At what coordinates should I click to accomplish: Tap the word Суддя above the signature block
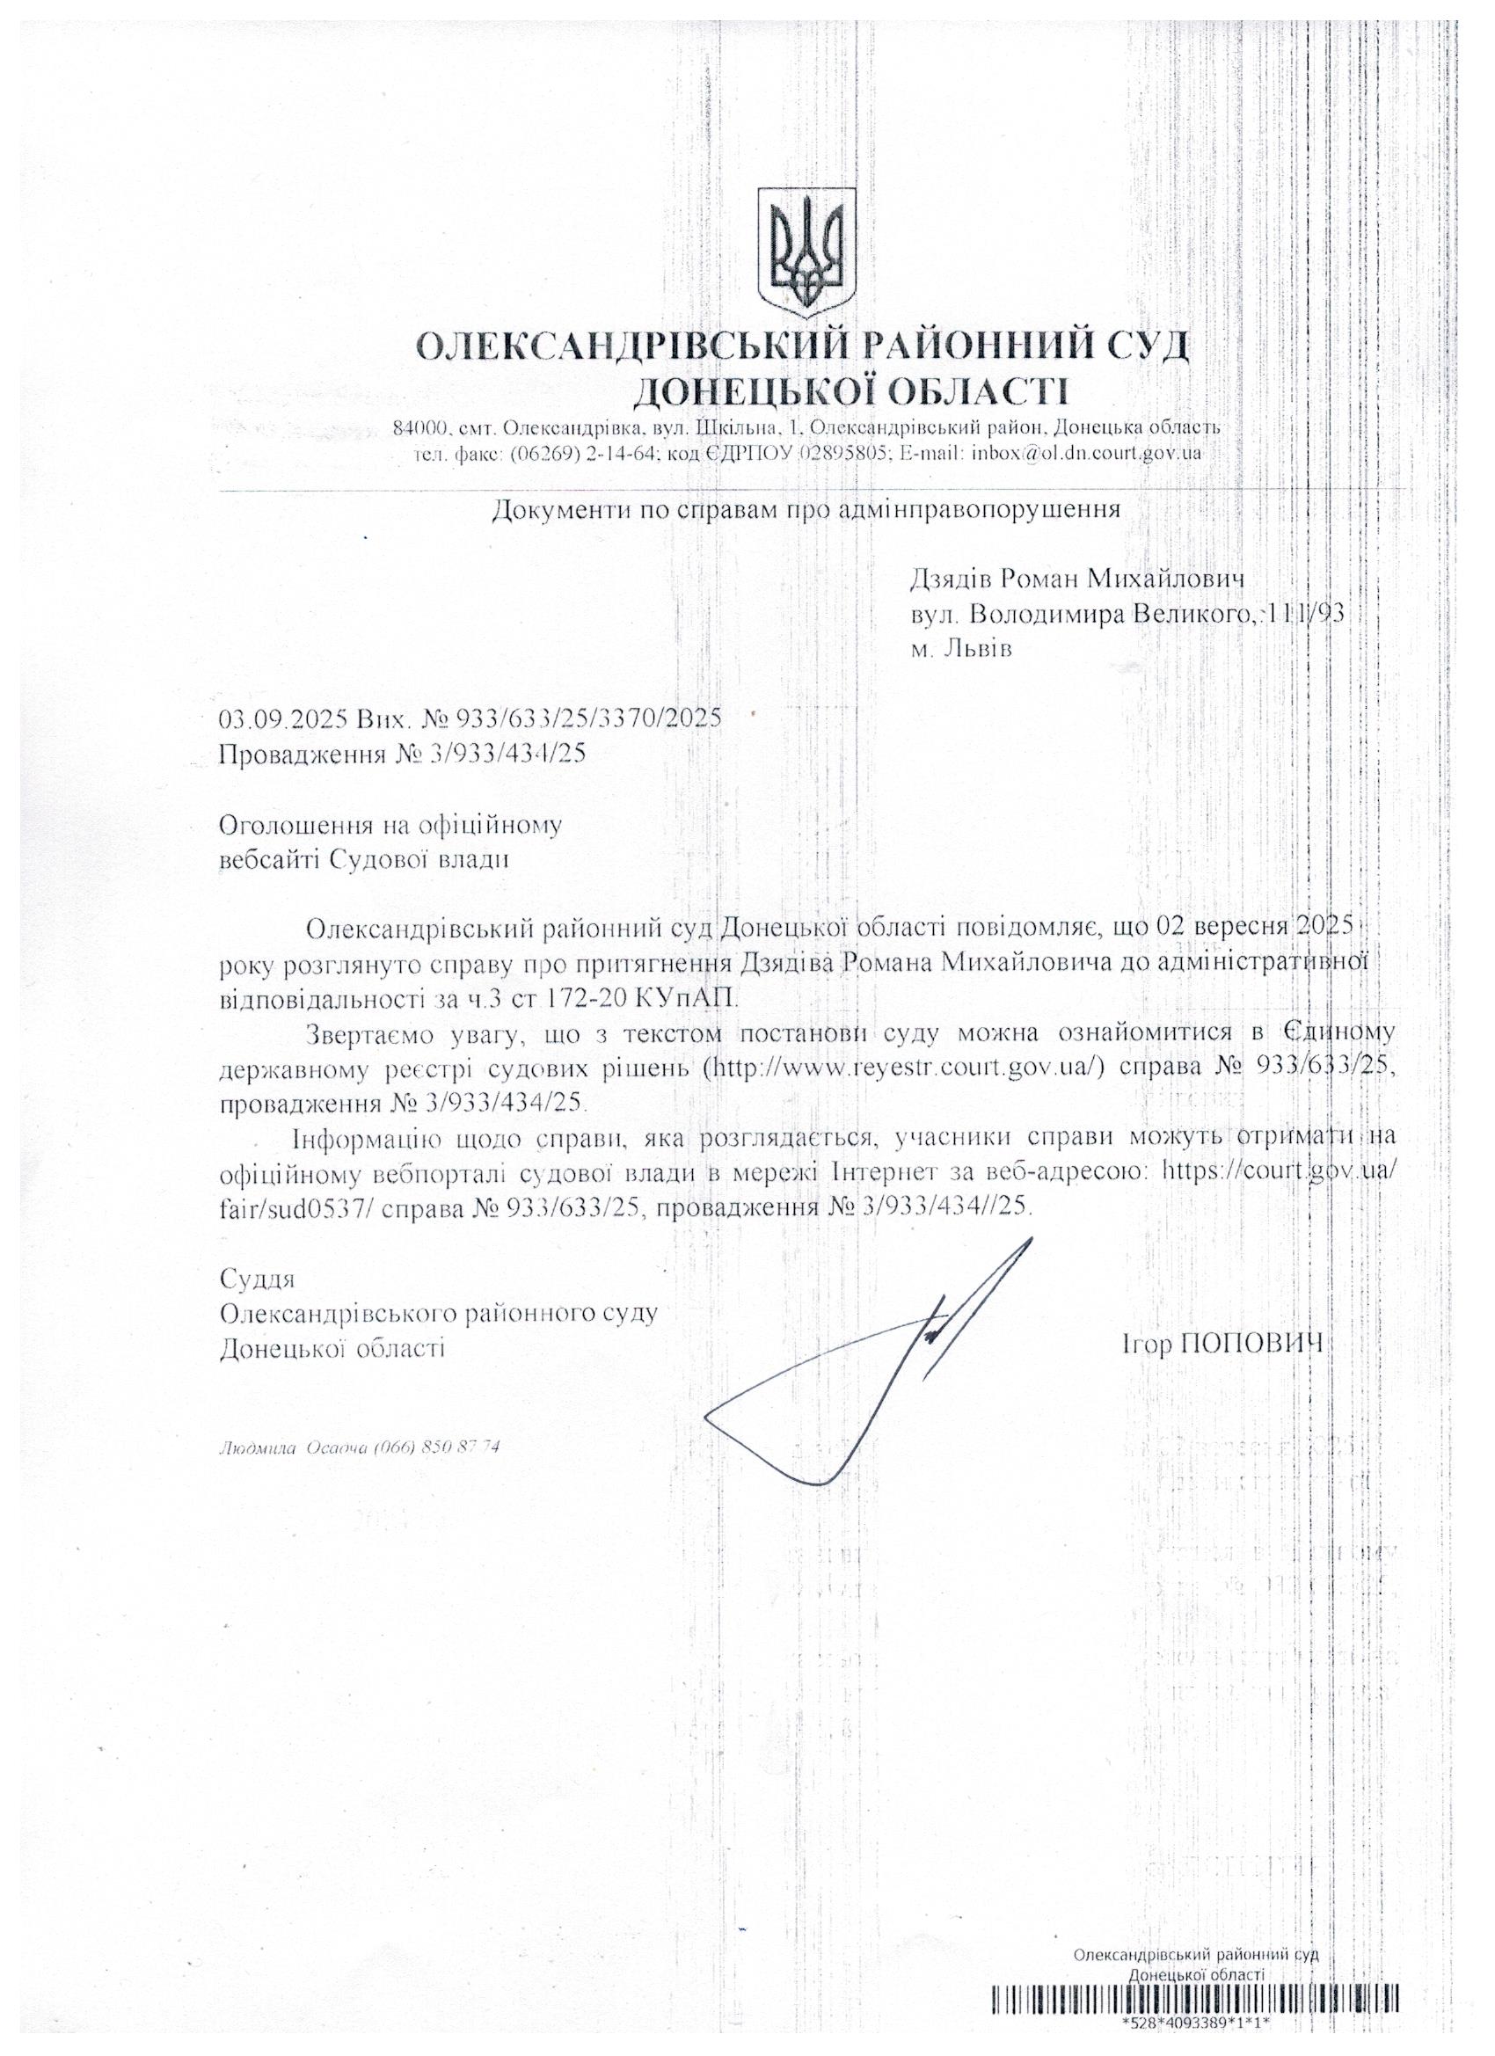[258, 1280]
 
